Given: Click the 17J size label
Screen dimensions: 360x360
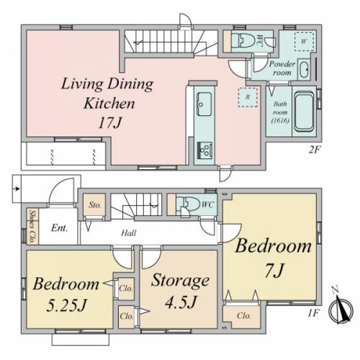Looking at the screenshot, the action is click(x=109, y=123).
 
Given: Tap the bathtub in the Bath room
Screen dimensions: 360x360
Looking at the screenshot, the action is click(x=305, y=112).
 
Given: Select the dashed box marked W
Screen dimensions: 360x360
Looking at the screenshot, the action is click(x=305, y=41).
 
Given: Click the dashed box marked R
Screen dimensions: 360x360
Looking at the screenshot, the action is click(x=248, y=97).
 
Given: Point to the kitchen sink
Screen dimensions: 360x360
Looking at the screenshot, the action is click(x=204, y=104).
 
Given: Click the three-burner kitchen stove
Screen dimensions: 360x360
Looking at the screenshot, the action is click(x=204, y=150).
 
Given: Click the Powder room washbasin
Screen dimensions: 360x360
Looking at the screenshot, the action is click(x=304, y=70).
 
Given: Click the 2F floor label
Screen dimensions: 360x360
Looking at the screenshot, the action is click(x=315, y=150).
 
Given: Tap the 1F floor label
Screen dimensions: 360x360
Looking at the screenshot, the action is click(x=313, y=313).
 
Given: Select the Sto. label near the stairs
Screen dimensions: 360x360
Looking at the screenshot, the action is click(x=95, y=205).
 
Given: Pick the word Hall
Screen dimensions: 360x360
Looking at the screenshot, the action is click(x=129, y=233).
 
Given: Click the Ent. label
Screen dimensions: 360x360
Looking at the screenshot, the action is click(x=59, y=228).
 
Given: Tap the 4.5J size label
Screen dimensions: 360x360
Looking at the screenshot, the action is click(x=181, y=302).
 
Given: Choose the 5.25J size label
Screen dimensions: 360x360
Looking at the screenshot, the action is click(x=66, y=305).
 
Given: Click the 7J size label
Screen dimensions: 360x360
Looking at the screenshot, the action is click(x=275, y=270).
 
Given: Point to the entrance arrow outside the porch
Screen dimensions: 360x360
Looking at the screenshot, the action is click(x=17, y=189).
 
